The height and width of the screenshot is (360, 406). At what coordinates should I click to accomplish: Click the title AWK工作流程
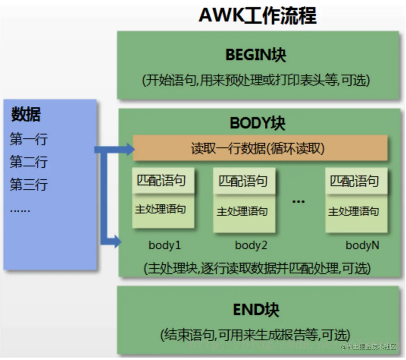tap(257, 15)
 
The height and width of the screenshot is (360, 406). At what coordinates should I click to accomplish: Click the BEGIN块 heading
tap(256, 55)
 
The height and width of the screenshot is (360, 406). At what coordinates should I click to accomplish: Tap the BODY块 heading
tap(257, 123)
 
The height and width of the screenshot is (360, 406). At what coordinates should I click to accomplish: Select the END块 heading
tap(256, 310)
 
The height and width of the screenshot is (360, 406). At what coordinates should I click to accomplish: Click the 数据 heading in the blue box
tap(26, 114)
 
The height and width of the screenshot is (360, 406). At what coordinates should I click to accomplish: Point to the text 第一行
tap(28, 139)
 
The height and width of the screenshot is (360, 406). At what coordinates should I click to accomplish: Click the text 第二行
tap(28, 162)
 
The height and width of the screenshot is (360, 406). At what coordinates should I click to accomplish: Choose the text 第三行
tap(28, 184)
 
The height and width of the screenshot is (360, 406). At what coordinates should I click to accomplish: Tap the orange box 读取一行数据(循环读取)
tap(260, 148)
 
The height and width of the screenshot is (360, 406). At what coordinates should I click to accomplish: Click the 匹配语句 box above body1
tap(162, 180)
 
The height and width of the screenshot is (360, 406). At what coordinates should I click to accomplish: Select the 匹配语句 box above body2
tap(244, 181)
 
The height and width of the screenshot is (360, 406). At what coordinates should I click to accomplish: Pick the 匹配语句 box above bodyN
tap(355, 181)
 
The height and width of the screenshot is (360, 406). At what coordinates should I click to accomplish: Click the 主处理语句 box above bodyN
tap(355, 211)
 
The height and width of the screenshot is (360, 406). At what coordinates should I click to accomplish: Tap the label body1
tap(165, 245)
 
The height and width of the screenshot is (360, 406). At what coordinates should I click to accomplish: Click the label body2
tap(251, 245)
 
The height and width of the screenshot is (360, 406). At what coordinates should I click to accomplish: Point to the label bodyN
tap(362, 245)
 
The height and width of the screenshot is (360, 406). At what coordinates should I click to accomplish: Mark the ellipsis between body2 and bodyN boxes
tap(298, 201)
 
